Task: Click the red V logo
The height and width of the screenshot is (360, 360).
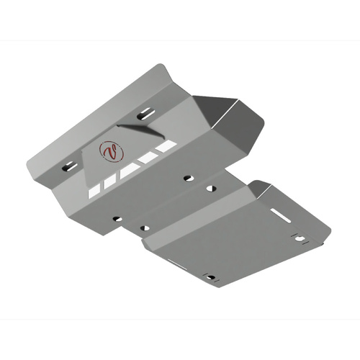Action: [111, 152]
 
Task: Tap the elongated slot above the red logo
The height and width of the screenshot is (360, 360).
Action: [145, 113]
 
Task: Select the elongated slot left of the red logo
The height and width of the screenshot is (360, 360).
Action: [70, 167]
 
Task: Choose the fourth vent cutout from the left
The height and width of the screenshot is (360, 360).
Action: [150, 158]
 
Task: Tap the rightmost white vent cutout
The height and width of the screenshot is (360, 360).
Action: [166, 146]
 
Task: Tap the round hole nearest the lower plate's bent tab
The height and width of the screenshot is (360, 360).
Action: [211, 189]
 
